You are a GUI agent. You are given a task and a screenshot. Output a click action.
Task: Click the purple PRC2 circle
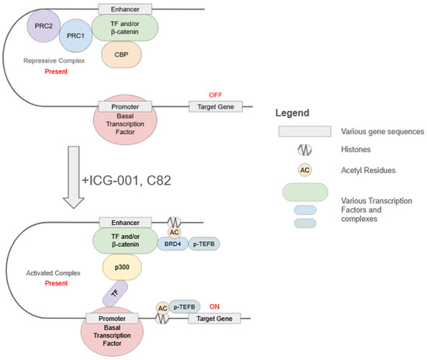[x=43, y=26]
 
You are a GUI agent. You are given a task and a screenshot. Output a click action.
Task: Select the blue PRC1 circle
[x=76, y=36]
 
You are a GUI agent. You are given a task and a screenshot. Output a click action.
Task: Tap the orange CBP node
[x=121, y=54]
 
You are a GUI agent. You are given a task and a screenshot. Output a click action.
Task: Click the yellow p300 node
[x=122, y=267]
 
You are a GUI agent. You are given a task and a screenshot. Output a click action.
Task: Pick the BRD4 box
[x=172, y=244]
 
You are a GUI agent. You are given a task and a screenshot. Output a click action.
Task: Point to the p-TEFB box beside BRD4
[x=204, y=244]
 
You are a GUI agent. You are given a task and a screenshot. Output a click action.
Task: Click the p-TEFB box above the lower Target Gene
[x=184, y=307]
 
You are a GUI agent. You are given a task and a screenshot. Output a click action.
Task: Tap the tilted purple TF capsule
[x=115, y=293]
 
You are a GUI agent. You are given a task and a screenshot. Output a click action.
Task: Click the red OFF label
[x=215, y=95]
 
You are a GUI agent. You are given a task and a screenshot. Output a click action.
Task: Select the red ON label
[x=214, y=306]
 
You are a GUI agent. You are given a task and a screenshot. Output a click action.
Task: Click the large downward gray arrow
[x=74, y=177]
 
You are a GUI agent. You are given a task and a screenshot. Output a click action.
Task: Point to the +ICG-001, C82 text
[x=127, y=181]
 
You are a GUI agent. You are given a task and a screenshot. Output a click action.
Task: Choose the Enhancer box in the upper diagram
[x=125, y=9]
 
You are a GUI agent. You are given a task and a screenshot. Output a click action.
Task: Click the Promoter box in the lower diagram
[x=113, y=318]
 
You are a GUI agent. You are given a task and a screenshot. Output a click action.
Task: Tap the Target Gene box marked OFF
[x=216, y=106]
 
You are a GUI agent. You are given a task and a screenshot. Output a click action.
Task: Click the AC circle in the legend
[x=305, y=170]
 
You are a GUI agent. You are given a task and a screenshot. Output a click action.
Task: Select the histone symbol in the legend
[x=305, y=150]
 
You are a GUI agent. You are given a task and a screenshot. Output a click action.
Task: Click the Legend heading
[x=292, y=113]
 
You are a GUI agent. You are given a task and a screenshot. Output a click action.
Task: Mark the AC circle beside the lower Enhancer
[x=174, y=232]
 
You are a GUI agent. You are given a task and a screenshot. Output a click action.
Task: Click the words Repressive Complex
[x=54, y=61]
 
